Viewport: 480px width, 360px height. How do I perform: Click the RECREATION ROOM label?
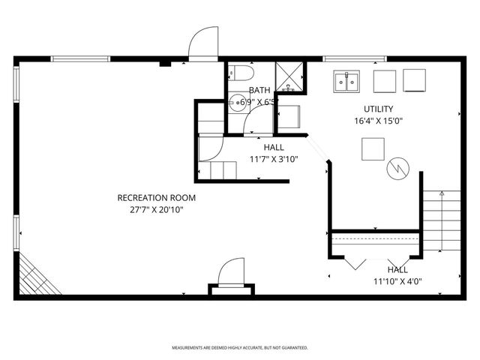(x=156, y=198)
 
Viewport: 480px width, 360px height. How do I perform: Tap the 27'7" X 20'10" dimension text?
(x=156, y=210)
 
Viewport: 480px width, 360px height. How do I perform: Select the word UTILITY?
(x=378, y=109)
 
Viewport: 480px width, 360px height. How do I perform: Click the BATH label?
(x=259, y=90)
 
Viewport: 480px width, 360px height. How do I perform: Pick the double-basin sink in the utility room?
(x=346, y=80)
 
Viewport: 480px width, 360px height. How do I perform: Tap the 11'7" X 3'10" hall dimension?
(x=274, y=159)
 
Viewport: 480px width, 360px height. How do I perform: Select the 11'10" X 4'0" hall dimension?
(x=397, y=281)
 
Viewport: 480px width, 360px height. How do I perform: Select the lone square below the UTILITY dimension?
(x=373, y=150)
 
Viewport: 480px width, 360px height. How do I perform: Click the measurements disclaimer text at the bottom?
(x=239, y=348)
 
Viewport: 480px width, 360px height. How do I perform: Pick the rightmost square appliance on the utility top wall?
(x=415, y=79)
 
